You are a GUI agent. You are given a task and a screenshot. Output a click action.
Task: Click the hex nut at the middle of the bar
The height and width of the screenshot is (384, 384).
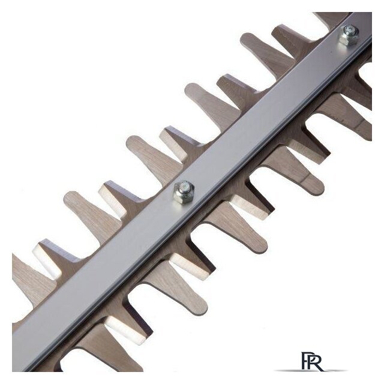pos(184,192)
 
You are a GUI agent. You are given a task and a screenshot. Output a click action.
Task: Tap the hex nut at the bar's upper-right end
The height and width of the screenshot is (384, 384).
pos(348,35)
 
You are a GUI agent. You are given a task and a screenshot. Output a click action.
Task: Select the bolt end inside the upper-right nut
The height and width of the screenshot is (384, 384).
pos(348,31)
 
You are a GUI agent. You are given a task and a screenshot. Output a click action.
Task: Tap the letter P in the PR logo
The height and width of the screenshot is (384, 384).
pos(305,361)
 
